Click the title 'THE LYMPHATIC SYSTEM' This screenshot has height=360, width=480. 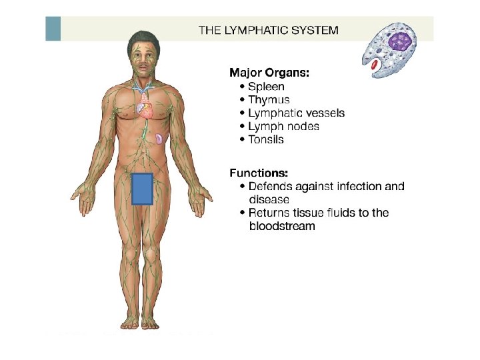(x=269, y=30)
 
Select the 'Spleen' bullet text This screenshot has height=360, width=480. (x=266, y=87)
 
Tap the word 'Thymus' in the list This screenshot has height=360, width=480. (x=269, y=100)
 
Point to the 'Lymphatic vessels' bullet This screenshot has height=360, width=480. (x=296, y=113)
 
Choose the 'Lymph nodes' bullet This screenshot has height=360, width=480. (x=283, y=127)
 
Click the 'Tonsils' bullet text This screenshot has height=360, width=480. (x=265, y=140)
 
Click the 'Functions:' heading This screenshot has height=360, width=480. (x=259, y=172)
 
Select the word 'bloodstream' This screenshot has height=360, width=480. (x=282, y=227)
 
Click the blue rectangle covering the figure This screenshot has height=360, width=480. (x=143, y=189)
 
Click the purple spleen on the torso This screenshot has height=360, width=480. (x=160, y=139)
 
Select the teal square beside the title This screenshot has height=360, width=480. (x=53, y=29)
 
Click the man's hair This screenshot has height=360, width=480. (x=143, y=37)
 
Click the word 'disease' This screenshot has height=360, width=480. (x=269, y=200)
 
